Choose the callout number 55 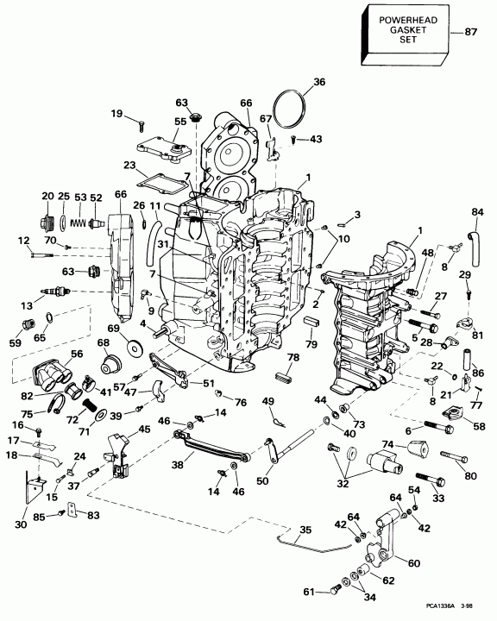(179, 122)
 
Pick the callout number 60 (413, 561)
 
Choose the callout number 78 (293, 357)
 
